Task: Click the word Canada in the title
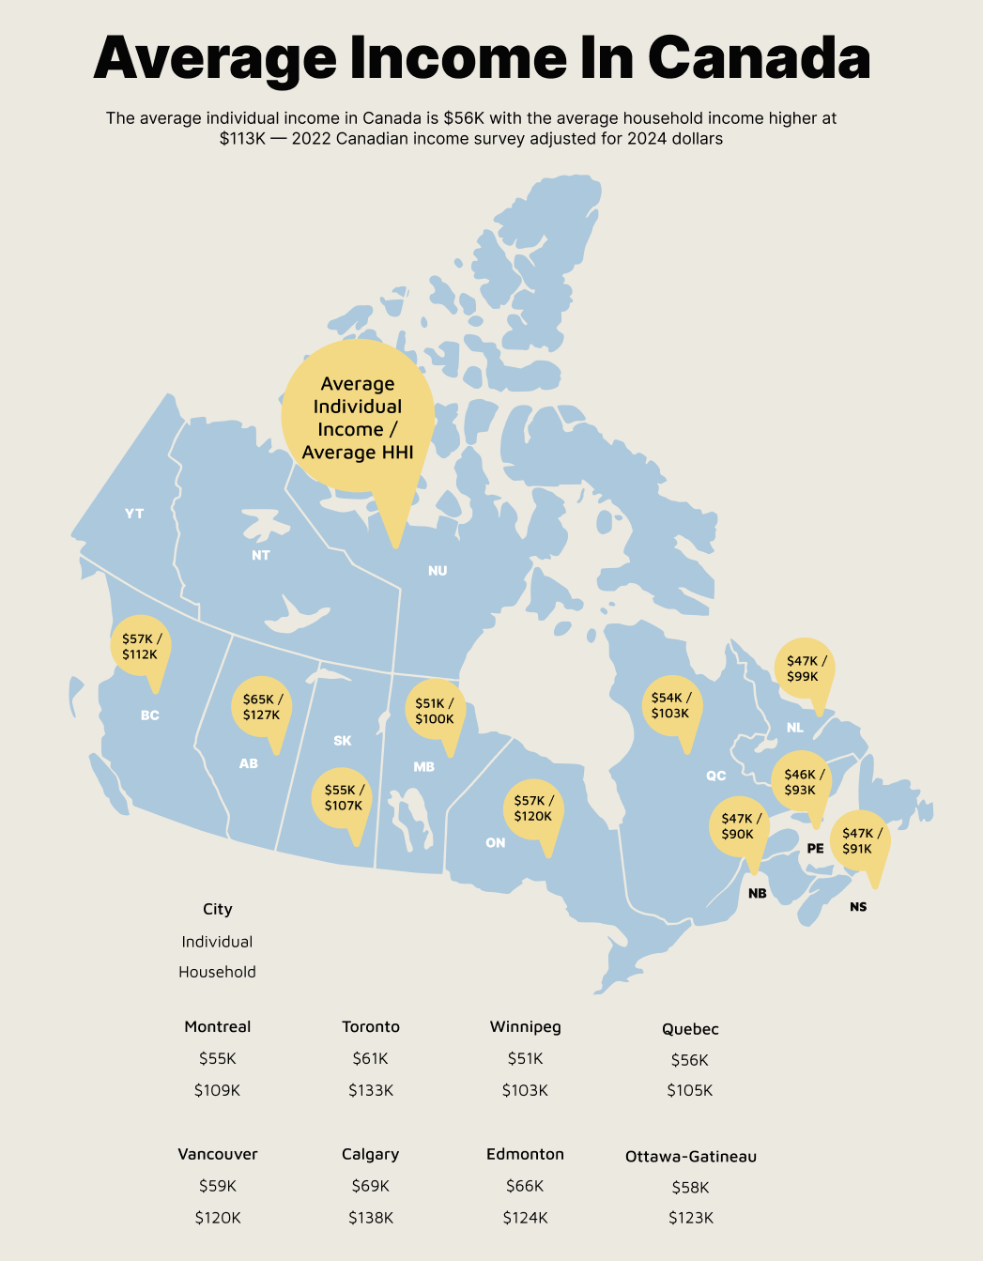coord(759,57)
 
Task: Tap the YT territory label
coord(134,514)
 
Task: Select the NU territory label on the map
coord(438,571)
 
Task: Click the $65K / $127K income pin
coord(262,707)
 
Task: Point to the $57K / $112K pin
coord(141,646)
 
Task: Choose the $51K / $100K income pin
coord(435,711)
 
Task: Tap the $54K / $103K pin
coord(670,705)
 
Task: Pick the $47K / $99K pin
coord(806,669)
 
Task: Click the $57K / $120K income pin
coord(533,808)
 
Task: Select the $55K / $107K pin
coord(344,798)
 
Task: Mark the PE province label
coord(815,849)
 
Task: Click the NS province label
coord(858,907)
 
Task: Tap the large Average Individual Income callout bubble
coord(358,418)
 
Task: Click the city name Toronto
coord(371,1027)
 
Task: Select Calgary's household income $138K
coord(371,1218)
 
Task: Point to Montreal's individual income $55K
coord(218,1058)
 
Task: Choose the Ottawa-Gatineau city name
coord(691,1157)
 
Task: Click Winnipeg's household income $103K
coord(525,1090)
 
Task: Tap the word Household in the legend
coord(218,972)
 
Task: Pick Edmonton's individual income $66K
coord(525,1186)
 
